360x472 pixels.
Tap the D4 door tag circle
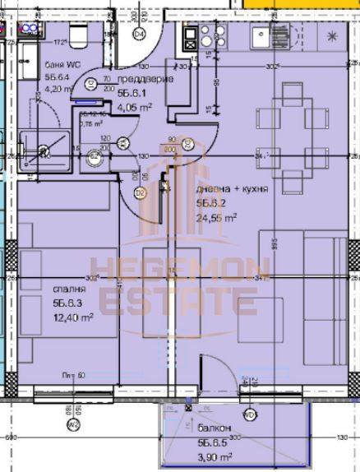tap(139, 34)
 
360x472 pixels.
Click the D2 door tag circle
tap(140, 193)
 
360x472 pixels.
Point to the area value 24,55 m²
tap(216, 217)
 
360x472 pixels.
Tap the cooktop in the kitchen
tap(190, 37)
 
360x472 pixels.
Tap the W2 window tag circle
tap(72, 447)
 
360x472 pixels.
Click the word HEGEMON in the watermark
tap(180, 269)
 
